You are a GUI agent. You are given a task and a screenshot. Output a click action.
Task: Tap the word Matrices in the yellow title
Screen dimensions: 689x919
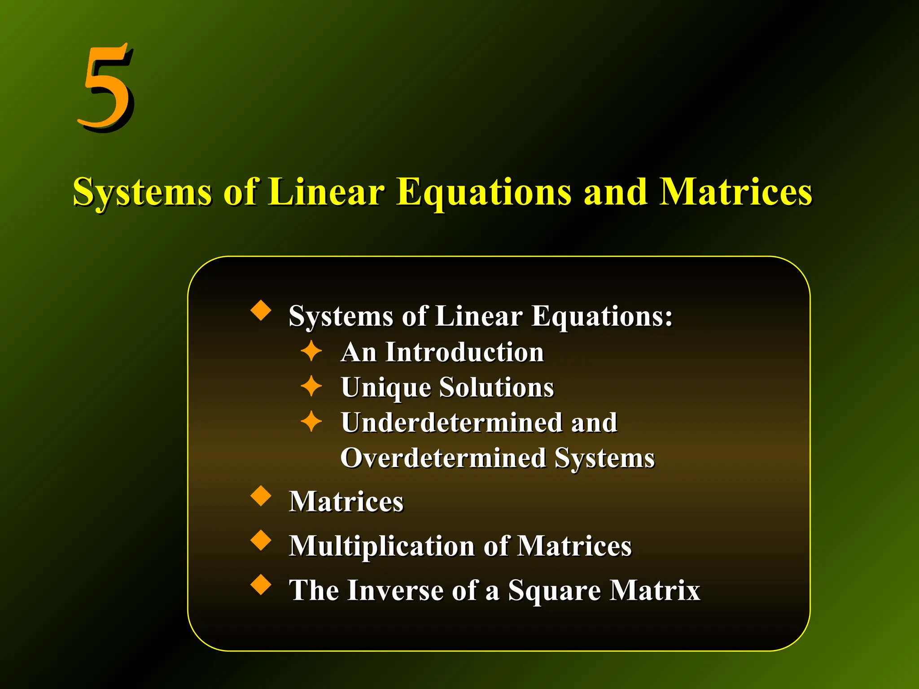pyautogui.click(x=735, y=192)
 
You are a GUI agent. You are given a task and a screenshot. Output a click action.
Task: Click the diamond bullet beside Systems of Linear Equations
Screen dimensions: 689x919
pyautogui.click(x=261, y=311)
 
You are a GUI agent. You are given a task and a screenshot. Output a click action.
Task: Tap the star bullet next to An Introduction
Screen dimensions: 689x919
pyautogui.click(x=311, y=351)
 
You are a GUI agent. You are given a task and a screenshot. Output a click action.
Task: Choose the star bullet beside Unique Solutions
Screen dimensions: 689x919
pyautogui.click(x=311, y=386)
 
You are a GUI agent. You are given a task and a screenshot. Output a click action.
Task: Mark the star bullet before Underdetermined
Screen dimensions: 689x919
pyautogui.click(x=311, y=422)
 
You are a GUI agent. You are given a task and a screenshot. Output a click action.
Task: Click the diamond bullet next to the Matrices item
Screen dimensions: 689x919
pyautogui.click(x=261, y=496)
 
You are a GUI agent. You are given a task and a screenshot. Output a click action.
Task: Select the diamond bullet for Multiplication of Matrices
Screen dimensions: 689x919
pyautogui.click(x=261, y=540)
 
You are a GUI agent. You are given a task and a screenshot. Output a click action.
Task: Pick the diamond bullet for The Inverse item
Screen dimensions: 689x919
pyautogui.click(x=261, y=584)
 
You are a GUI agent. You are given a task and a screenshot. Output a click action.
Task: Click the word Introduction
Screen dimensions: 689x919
pyautogui.click(x=465, y=352)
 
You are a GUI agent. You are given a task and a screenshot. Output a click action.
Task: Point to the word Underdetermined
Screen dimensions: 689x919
pyautogui.click(x=451, y=423)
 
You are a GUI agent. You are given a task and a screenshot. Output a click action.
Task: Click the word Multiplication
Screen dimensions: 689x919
pyautogui.click(x=381, y=546)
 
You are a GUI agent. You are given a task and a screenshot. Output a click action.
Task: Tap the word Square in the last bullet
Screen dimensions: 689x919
pyautogui.click(x=555, y=591)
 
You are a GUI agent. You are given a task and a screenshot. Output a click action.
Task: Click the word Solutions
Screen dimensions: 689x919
pyautogui.click(x=497, y=387)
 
